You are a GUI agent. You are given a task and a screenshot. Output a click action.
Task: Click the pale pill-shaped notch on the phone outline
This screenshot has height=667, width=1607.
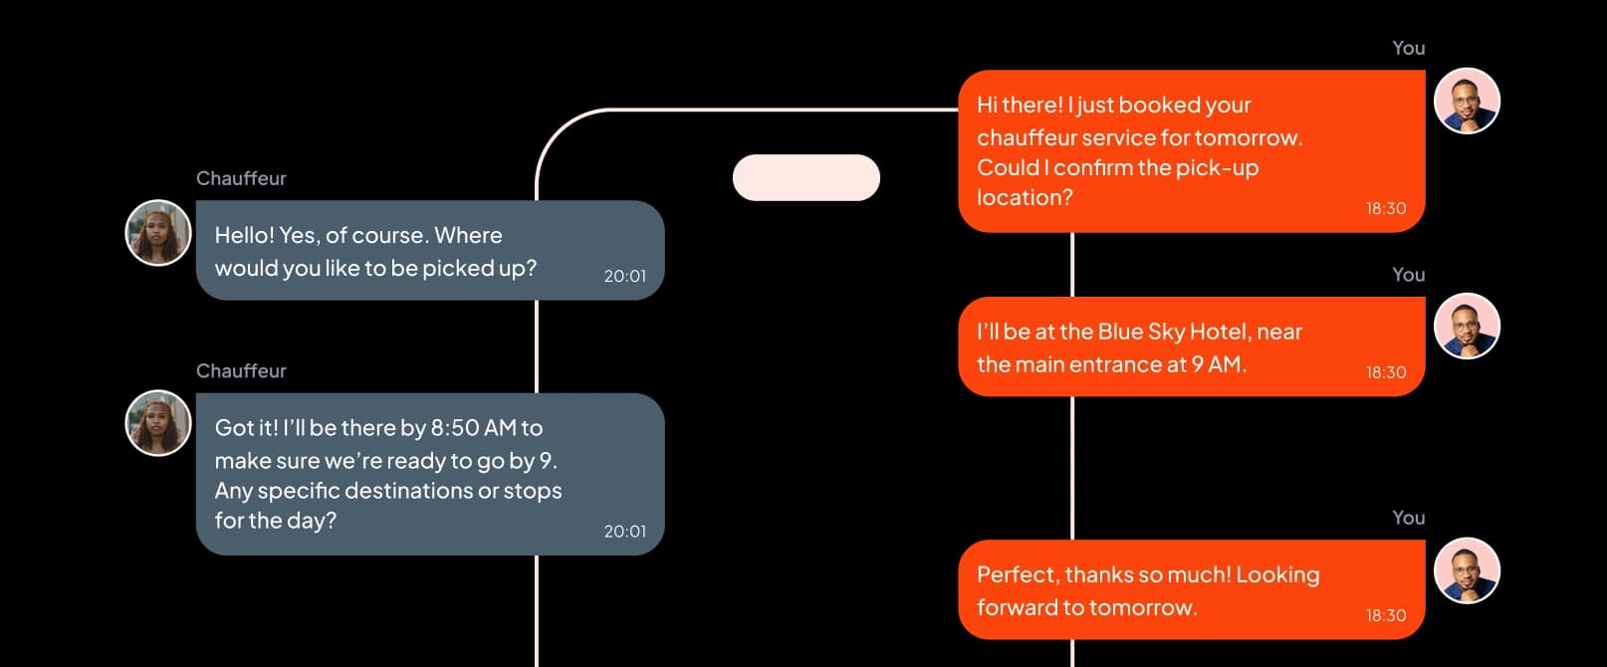pyautogui.click(x=805, y=177)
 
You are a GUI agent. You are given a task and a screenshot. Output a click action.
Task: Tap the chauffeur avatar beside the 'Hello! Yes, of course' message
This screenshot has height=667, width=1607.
pyautogui.click(x=158, y=233)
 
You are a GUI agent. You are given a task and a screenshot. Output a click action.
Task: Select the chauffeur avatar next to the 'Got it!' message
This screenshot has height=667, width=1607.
pyautogui.click(x=158, y=422)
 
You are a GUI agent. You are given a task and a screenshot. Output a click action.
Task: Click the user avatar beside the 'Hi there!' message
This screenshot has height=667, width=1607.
pyautogui.click(x=1467, y=101)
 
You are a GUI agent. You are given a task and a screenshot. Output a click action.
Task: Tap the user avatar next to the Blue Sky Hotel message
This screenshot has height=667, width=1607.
pyautogui.click(x=1467, y=327)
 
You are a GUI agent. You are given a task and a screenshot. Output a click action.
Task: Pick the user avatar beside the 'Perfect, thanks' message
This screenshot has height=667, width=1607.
pyautogui.click(x=1467, y=570)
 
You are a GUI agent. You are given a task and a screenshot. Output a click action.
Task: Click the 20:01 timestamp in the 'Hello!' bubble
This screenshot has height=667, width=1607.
pyautogui.click(x=624, y=276)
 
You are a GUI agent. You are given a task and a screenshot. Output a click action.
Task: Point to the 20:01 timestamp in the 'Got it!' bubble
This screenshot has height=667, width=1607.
pyautogui.click(x=624, y=532)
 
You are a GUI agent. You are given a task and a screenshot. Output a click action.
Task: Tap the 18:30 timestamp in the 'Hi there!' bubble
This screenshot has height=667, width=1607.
pyautogui.click(x=1385, y=208)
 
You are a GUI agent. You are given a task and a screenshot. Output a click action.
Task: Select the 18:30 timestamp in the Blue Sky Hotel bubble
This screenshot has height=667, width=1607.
pyautogui.click(x=1385, y=372)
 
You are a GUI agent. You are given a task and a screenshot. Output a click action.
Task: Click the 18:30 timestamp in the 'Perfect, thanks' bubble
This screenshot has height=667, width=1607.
pyautogui.click(x=1385, y=615)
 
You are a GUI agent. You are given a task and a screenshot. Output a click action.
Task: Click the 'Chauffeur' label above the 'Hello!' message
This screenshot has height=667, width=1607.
pyautogui.click(x=241, y=178)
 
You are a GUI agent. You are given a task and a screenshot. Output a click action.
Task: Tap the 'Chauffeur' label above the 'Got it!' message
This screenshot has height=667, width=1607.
pyautogui.click(x=241, y=370)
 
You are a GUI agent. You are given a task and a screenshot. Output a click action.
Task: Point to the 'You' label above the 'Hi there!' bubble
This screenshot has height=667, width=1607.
pyautogui.click(x=1408, y=48)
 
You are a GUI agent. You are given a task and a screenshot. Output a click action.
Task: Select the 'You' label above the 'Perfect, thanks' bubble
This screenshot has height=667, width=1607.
pyautogui.click(x=1408, y=518)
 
